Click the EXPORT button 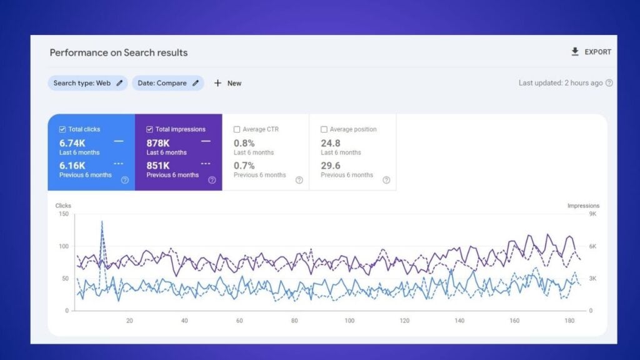tap(591, 52)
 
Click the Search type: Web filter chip tap(87, 83)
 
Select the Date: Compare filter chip tap(167, 83)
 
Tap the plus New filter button tap(227, 83)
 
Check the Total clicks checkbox tap(62, 129)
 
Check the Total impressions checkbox tap(150, 129)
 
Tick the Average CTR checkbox tap(237, 129)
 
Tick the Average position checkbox tap(324, 129)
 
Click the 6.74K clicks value tap(72, 143)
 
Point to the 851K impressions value tap(158, 166)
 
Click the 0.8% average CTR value tap(244, 143)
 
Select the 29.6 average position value tap(331, 166)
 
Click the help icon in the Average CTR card tap(299, 180)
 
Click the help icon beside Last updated tap(609, 83)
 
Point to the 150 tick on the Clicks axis tap(62, 214)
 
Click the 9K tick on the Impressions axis tap(593, 214)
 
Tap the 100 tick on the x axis tap(349, 321)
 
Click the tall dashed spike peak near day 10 tap(102, 221)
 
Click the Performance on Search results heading tap(119, 52)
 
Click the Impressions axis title tap(583, 206)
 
